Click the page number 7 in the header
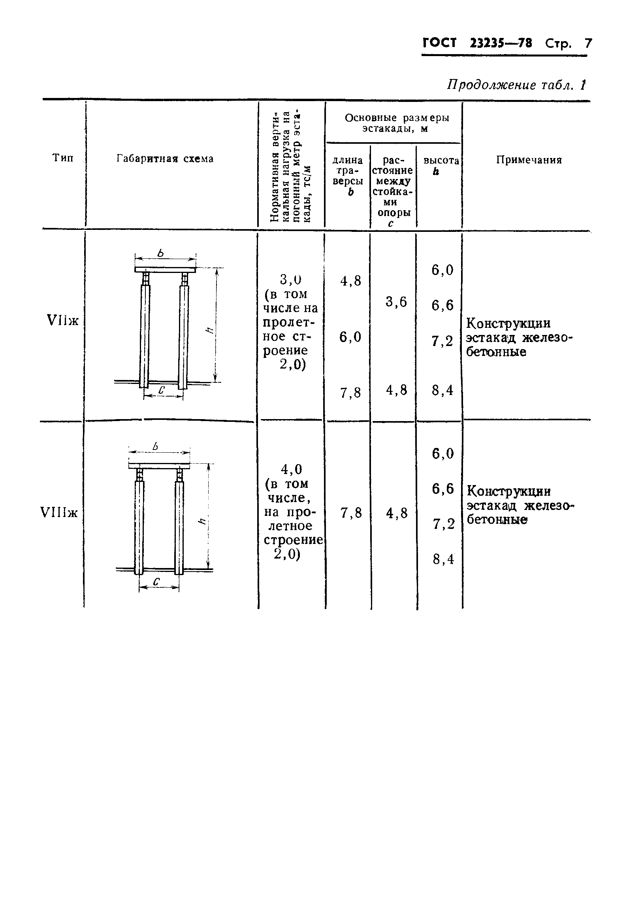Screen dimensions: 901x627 588,43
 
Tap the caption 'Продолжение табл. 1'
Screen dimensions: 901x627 516,85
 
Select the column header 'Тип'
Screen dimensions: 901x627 63,158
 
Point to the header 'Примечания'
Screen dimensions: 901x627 529,160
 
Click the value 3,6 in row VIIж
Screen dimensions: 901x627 396,302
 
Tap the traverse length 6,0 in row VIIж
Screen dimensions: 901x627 350,337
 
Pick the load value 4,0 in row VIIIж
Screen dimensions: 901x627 291,469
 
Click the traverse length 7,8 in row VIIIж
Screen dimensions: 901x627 351,513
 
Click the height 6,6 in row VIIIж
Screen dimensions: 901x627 442,489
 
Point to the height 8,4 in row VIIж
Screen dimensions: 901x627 442,391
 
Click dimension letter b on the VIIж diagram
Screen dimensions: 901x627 161,253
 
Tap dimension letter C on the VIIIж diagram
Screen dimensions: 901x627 156,581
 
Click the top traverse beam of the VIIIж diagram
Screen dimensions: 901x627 159,466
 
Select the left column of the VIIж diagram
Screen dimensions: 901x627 145,336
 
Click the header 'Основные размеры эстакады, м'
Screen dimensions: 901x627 397,123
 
